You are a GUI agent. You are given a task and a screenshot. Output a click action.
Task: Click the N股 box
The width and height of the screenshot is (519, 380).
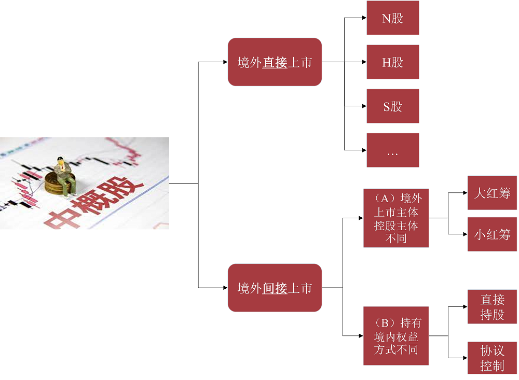tap(392, 18)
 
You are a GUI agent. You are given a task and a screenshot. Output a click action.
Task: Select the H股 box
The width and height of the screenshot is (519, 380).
tap(392, 62)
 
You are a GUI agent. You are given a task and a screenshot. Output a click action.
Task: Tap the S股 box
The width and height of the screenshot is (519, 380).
tap(392, 106)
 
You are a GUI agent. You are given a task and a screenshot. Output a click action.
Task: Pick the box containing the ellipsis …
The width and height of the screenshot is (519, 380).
tap(392, 150)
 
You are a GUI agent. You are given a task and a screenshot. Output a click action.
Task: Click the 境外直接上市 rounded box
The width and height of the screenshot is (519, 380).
tap(275, 62)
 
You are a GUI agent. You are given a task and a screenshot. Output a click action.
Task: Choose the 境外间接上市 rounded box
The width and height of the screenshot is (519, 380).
tap(275, 288)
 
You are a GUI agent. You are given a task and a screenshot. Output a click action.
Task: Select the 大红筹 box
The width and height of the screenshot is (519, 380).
tap(492, 193)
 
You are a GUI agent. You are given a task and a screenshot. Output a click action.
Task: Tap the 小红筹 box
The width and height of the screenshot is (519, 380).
tap(492, 234)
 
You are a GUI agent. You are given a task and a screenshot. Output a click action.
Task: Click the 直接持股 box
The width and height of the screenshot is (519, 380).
tap(492, 307)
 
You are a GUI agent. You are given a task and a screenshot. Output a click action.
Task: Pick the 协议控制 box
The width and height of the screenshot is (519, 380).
tap(492, 358)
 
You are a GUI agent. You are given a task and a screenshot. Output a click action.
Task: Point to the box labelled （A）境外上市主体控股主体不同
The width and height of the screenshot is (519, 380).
tap(396, 218)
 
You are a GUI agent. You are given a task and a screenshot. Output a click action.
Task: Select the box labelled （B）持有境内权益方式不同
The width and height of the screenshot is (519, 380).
tap(396, 336)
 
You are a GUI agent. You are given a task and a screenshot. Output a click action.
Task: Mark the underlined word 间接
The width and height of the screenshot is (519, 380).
tap(275, 288)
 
